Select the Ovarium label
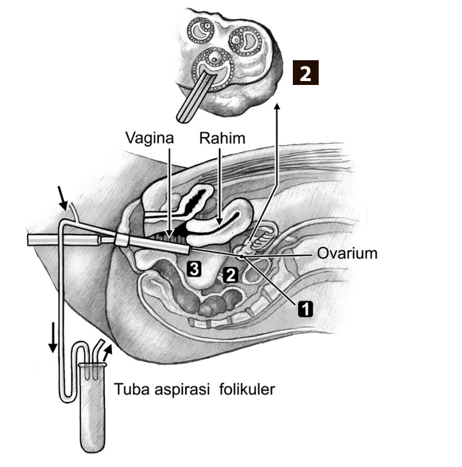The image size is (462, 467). point(347,253)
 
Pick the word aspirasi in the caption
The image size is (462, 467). point(183,389)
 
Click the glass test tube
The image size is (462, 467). point(92,408)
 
